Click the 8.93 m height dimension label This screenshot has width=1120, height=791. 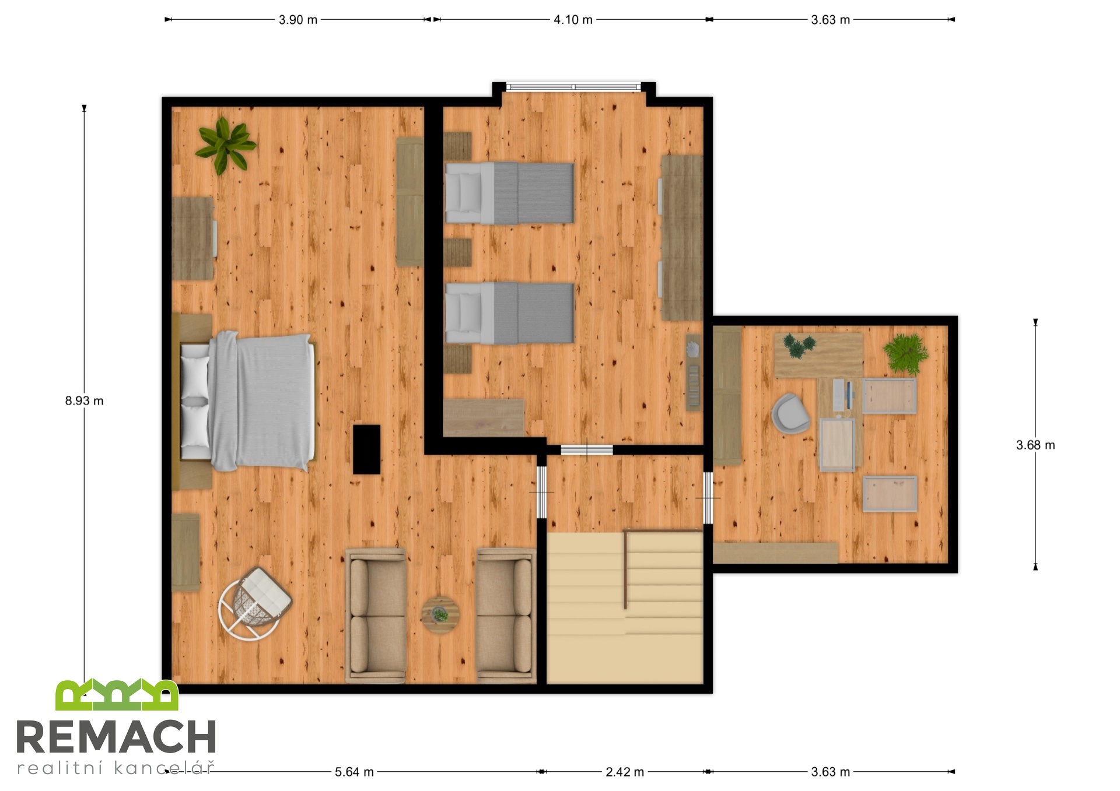tap(84, 401)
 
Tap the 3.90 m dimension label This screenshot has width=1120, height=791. tap(298, 20)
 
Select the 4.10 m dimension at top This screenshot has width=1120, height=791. tap(573, 20)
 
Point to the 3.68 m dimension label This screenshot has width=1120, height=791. tap(1035, 445)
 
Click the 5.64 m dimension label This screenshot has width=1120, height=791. tap(354, 772)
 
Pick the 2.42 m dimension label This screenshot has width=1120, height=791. tap(625, 772)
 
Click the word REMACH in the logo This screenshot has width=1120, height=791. tap(117, 737)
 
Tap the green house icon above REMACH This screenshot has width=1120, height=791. tap(117, 695)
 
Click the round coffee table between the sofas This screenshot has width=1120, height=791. tap(440, 615)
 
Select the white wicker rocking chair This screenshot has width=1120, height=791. tap(254, 604)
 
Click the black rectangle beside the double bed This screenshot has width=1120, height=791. tap(367, 449)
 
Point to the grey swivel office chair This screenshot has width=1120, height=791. tap(790, 413)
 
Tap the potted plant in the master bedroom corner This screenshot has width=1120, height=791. tap(225, 145)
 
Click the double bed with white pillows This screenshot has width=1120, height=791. tap(247, 402)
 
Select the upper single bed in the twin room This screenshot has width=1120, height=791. tap(509, 194)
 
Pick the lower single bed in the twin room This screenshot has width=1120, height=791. tap(509, 314)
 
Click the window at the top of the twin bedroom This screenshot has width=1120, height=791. tap(574, 87)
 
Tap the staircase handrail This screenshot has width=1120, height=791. tap(626, 568)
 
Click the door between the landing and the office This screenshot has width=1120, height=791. tap(708, 498)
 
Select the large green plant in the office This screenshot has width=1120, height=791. tap(905, 353)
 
